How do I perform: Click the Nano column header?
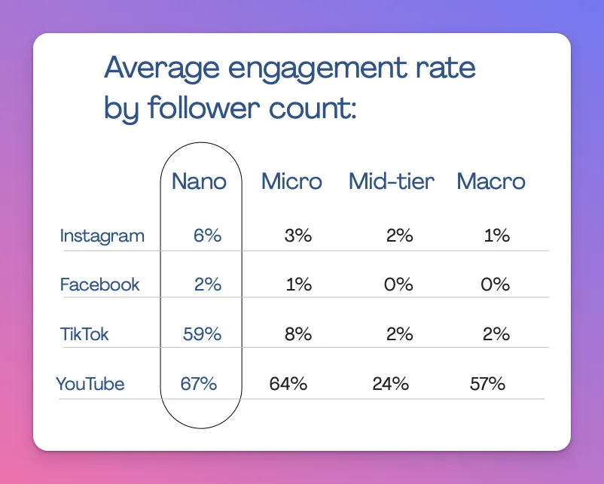click(199, 181)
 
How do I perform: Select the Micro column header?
click(291, 181)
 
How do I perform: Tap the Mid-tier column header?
click(392, 181)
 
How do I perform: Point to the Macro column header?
click(491, 181)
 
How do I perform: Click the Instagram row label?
click(102, 236)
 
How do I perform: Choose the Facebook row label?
click(99, 285)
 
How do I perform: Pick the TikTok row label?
click(84, 334)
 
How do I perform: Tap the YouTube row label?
click(90, 384)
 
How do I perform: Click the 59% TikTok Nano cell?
click(202, 334)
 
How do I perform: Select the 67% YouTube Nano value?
click(199, 384)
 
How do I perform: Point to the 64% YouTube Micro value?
click(288, 384)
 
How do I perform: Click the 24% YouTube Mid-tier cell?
click(390, 384)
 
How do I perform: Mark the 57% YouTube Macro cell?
click(487, 384)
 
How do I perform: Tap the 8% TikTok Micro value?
click(298, 334)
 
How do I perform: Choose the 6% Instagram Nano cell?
click(207, 236)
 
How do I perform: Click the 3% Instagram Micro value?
click(298, 236)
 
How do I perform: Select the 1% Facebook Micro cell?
click(298, 285)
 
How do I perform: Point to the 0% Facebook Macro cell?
click(496, 285)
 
